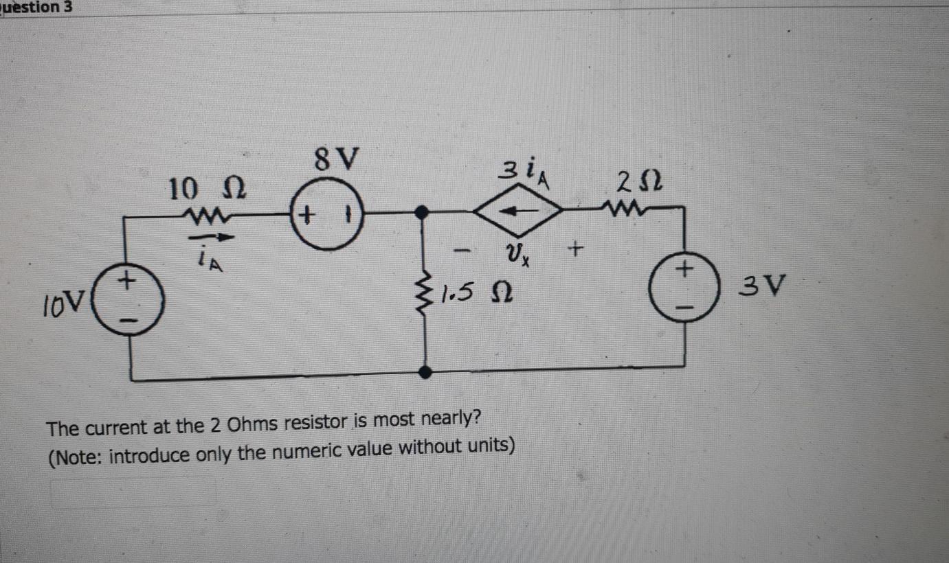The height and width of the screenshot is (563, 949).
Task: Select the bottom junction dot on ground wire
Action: (x=425, y=372)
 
